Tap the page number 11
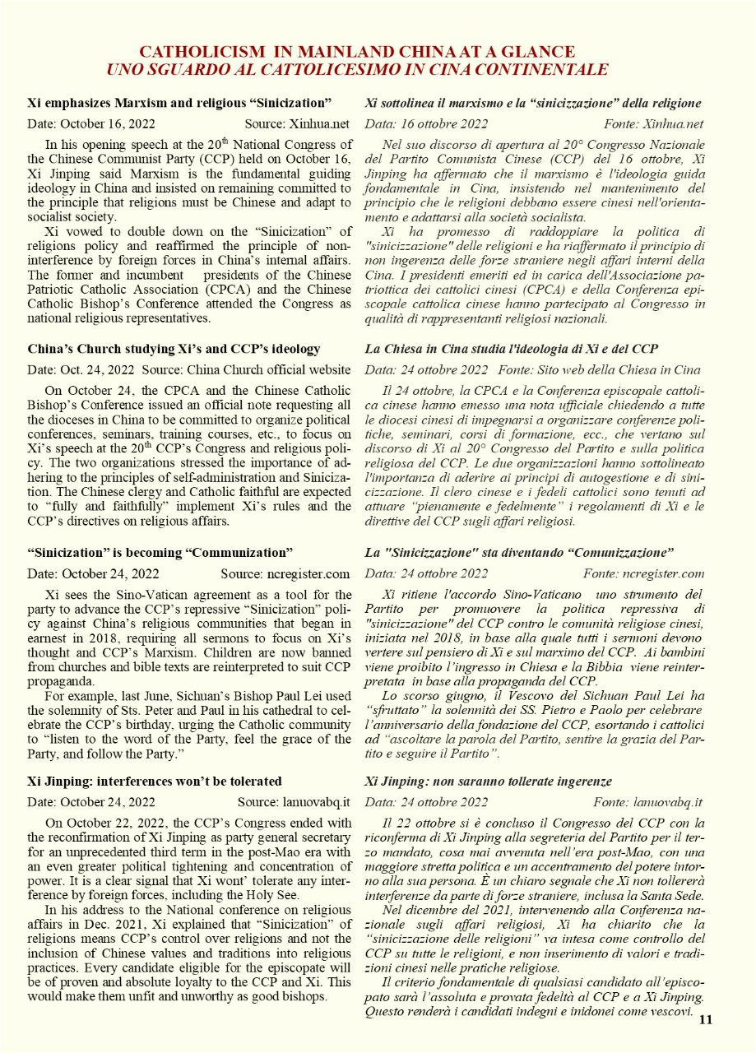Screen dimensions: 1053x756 (x=705, y=1020)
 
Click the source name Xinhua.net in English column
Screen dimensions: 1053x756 (x=319, y=124)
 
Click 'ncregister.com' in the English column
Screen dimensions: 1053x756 (x=308, y=573)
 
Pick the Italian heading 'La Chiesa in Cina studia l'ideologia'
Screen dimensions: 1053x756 (x=511, y=349)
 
